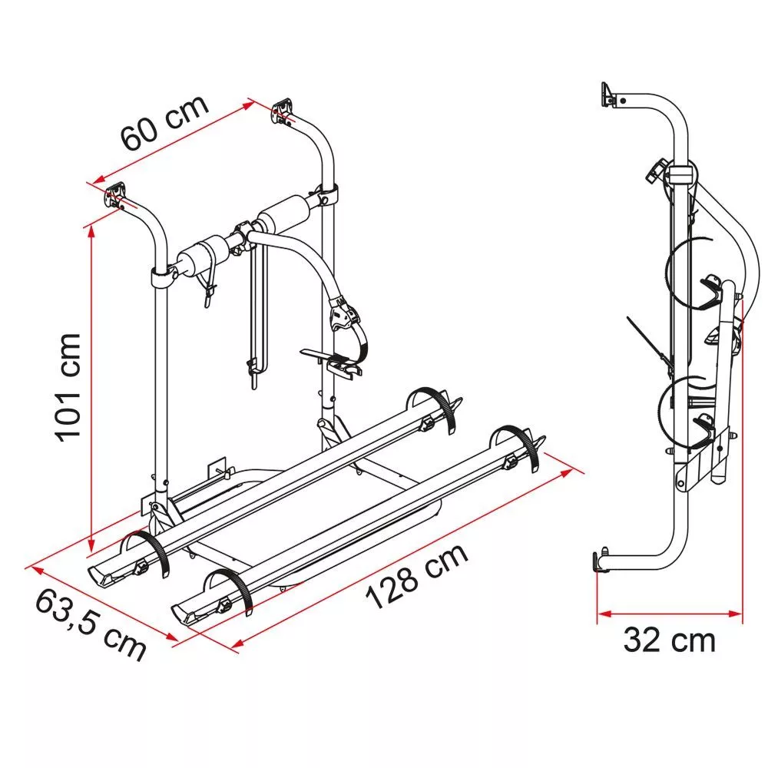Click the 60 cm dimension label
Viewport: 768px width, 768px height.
165,123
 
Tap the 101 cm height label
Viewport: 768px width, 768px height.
68,387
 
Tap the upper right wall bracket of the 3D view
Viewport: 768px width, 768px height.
283,111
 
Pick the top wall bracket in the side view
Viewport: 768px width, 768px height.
609,94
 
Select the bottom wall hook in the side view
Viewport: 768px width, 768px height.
601,560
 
